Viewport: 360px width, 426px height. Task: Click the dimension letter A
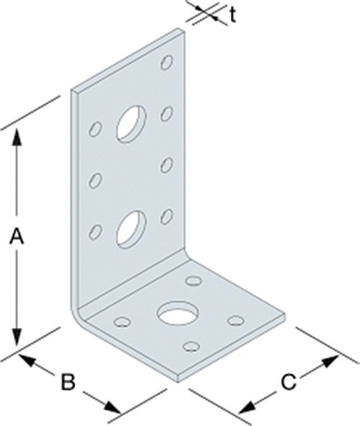(x=17, y=236)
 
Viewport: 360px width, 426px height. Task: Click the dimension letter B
(x=68, y=382)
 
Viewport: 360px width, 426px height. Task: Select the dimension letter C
(x=289, y=382)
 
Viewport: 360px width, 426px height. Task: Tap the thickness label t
(x=233, y=15)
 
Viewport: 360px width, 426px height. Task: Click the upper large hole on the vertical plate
(x=131, y=124)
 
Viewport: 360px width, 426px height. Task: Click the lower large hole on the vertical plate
(x=131, y=229)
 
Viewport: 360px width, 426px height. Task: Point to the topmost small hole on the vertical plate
(x=167, y=62)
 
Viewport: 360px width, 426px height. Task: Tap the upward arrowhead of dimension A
(x=17, y=138)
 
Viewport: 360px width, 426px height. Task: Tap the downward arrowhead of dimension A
(x=17, y=337)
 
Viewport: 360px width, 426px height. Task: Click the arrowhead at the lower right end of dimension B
(x=113, y=407)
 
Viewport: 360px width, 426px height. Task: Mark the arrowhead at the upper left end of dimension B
(x=27, y=359)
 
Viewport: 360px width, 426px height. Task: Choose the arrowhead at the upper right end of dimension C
(x=330, y=360)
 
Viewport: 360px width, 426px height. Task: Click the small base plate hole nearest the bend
(x=193, y=280)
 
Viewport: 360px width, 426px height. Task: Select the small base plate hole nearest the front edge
(x=191, y=346)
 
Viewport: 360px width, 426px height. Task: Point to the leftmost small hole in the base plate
(x=122, y=321)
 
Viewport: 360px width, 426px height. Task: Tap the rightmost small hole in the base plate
(x=236, y=321)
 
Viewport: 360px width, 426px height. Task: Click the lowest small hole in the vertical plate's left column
(x=95, y=232)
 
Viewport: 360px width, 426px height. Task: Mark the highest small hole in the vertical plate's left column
(x=95, y=129)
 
